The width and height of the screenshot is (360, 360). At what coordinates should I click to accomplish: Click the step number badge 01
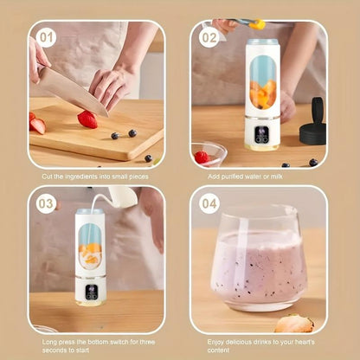coord(46,38)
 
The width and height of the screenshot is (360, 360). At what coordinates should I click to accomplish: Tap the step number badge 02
coord(209,38)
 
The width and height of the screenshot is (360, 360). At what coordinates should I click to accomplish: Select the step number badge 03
coord(46,203)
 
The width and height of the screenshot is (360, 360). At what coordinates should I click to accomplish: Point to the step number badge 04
coord(209,203)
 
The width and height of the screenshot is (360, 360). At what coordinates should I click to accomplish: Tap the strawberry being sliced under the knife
coord(87,119)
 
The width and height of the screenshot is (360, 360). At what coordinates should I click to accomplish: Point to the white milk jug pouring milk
coord(123,196)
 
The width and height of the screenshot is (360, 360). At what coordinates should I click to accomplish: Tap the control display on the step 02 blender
coord(262,135)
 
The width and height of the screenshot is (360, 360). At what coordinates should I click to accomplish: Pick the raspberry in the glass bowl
coord(202,157)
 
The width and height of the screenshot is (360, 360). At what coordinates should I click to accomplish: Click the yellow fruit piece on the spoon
coord(257,25)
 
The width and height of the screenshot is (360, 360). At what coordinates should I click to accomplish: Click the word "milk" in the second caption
coord(277,177)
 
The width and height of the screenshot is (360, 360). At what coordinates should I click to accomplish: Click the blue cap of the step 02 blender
coord(263,42)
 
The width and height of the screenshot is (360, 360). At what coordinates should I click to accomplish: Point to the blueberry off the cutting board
coord(148,158)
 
